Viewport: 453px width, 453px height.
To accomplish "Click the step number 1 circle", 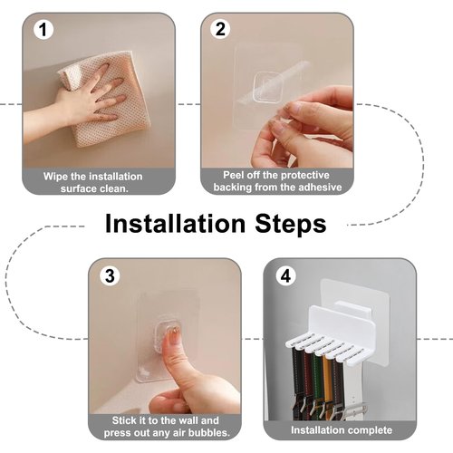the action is [43, 30].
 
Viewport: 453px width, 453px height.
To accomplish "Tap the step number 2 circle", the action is [220, 29].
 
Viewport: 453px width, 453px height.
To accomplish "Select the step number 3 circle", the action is [110, 275].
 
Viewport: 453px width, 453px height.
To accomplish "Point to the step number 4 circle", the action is [285, 275].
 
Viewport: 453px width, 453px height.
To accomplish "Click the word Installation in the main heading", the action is [175, 224].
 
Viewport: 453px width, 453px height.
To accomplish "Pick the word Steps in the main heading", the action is [291, 225].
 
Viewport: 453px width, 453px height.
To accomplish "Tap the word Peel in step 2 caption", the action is [234, 175].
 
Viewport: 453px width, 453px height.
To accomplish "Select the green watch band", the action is [318, 379].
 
